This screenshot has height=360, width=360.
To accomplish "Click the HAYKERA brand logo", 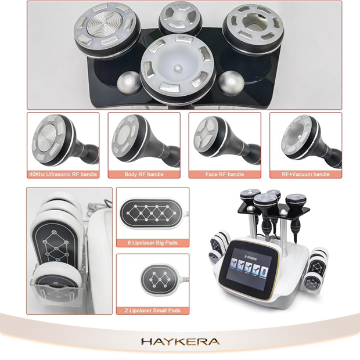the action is coord(180,341).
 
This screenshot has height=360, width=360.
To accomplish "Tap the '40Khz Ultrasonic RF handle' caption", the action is coord(63,174).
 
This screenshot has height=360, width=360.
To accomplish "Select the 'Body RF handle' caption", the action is coord(144,174).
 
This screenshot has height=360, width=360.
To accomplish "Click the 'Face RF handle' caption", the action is coord(225,174).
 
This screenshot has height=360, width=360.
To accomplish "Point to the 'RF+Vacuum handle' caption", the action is coord(305,174).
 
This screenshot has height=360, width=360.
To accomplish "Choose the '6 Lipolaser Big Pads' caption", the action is coord(153,243).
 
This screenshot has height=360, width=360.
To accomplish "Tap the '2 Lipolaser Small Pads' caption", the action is coord(153,311).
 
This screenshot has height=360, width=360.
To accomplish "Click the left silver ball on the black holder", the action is coord(129,82).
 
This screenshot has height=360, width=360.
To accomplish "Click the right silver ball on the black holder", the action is coord(232,82).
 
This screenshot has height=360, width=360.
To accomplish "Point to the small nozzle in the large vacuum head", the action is coord(177,68).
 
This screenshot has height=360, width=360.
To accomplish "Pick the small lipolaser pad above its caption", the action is coord(159,279).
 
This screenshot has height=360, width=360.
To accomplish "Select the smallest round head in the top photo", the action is coord(180,17).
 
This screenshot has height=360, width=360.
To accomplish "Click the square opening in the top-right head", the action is coord(253,22).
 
